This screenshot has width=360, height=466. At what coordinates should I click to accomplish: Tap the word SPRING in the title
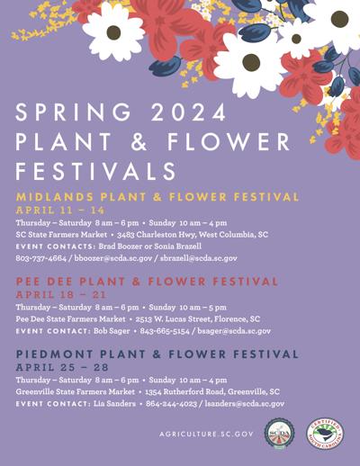tap(75, 113)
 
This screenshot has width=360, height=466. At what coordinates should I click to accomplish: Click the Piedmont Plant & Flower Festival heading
tap(157, 354)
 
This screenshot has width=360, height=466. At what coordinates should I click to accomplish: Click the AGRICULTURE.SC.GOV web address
tap(206, 435)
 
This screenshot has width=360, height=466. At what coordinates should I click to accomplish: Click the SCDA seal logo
tap(279, 436)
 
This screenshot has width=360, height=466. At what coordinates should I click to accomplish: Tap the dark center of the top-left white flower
tap(113, 32)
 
